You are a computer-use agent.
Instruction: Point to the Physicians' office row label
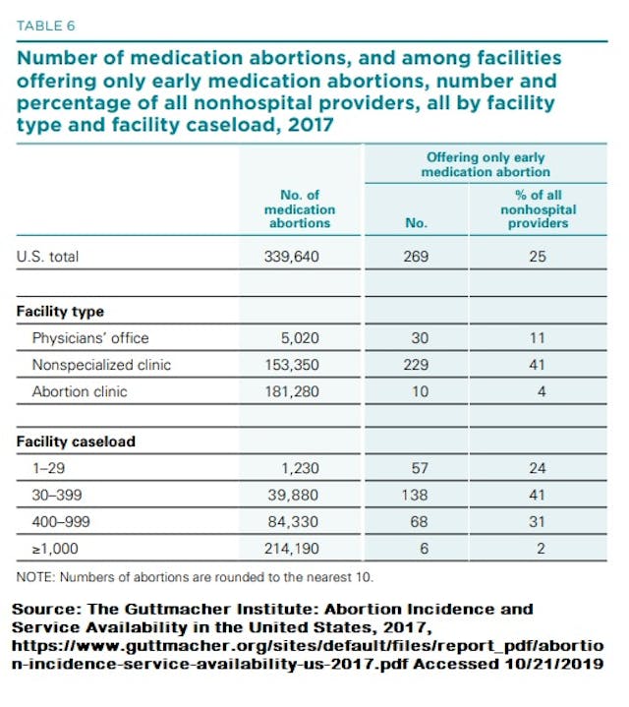[89, 337]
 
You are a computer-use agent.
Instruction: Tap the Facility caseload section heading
[76, 442]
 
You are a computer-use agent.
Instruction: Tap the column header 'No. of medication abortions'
[300, 209]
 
